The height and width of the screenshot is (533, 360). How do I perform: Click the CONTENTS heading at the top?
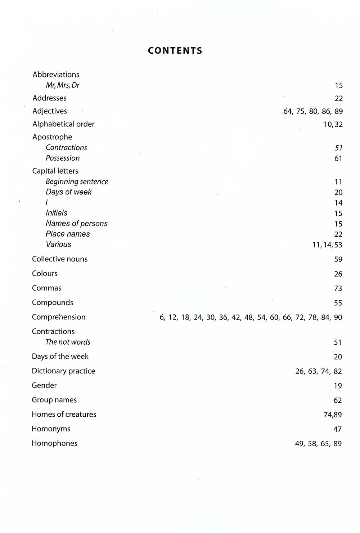coord(175,50)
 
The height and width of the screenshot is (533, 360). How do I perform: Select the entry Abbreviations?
coord(56,75)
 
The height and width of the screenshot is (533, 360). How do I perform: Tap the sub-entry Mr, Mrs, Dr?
coord(63,85)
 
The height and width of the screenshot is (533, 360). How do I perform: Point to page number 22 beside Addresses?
coord(338,98)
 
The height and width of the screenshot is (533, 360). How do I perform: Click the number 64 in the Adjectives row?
coord(288,111)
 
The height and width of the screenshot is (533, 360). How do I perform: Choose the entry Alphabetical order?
coord(63,124)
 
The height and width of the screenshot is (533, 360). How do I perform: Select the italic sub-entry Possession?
coord(63,158)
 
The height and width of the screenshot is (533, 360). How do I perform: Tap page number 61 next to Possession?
coord(338,158)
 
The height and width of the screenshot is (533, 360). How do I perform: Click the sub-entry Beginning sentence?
coord(77,182)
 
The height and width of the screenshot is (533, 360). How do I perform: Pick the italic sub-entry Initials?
coord(57,213)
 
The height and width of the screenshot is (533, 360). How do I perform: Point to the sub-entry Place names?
coord(68,234)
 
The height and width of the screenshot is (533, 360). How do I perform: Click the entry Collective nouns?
coord(60,259)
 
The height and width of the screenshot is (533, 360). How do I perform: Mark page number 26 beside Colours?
coord(338,274)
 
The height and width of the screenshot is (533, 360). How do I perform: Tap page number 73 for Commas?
coord(338,288)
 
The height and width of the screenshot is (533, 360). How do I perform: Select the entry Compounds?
coord(53,303)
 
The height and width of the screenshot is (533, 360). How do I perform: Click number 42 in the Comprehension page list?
coord(236,318)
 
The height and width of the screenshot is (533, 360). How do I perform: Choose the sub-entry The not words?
coord(68,342)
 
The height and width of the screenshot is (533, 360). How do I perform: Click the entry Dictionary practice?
coord(63,371)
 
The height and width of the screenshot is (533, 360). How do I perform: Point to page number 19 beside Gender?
coord(338,386)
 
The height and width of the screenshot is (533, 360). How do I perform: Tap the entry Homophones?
coord(54,443)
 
